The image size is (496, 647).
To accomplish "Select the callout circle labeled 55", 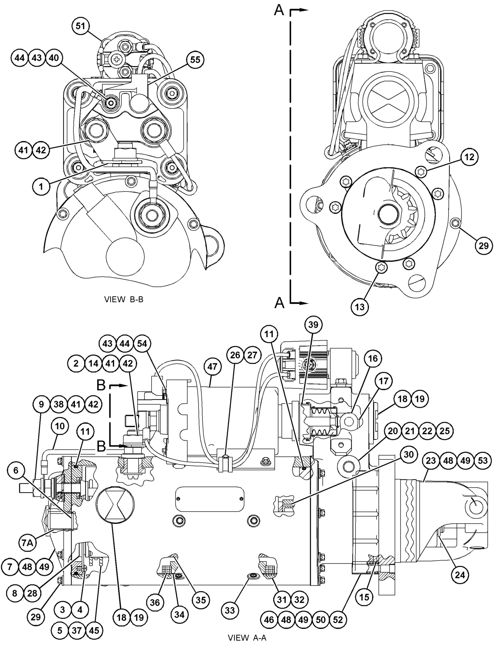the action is [195, 60].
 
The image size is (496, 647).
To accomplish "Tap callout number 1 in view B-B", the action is [41, 187].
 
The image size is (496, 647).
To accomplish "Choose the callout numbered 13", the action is [360, 307].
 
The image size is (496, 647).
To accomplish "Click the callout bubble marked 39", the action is [313, 325].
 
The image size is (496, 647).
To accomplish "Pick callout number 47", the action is [212, 367].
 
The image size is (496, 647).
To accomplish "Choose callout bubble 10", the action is [60, 426].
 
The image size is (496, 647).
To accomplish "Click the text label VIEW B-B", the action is [124, 299].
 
